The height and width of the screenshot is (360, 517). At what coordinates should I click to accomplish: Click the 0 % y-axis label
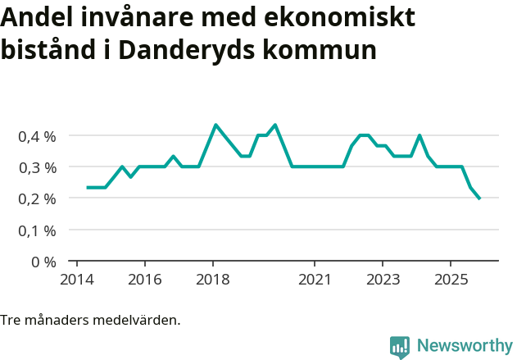point(43,262)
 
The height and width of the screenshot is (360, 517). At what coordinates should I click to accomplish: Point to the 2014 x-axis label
point(76,279)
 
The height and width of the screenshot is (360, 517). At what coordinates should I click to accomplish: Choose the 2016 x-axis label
point(144,279)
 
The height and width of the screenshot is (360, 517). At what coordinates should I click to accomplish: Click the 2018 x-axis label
point(213,279)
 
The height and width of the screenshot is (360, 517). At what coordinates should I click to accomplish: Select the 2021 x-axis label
point(315,279)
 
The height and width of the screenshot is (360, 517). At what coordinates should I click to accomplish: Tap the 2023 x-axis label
point(383,279)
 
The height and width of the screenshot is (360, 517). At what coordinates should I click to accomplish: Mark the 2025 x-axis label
point(451,279)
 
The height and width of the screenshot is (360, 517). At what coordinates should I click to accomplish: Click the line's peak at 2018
point(215,125)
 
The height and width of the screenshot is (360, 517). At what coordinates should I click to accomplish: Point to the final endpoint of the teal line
point(479,198)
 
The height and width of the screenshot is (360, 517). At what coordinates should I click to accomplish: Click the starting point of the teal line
point(88,188)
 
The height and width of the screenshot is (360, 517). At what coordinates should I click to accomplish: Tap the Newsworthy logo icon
point(400,347)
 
